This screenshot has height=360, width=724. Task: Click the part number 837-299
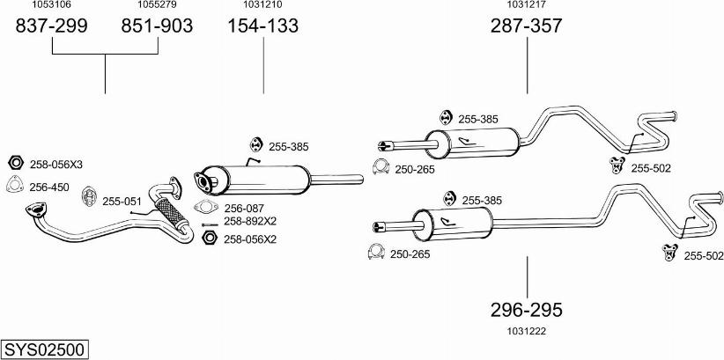pyautogui.click(x=52, y=26)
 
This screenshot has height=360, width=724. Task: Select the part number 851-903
pyautogui.click(x=157, y=26)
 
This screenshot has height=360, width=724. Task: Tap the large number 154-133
pyautogui.click(x=263, y=26)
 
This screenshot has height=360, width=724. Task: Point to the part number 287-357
pyautogui.click(x=526, y=26)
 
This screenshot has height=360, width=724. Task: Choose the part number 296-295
pyautogui.click(x=527, y=310)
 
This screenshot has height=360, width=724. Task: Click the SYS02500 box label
pyautogui.click(x=44, y=349)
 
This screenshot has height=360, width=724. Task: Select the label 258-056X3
pyautogui.click(x=55, y=165)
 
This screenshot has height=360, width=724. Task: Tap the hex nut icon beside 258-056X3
pyautogui.click(x=15, y=164)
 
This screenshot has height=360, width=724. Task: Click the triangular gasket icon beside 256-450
pyautogui.click(x=14, y=185)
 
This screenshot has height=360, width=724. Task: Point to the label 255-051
pyautogui.click(x=122, y=202)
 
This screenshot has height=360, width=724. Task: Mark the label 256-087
pyautogui.click(x=242, y=209)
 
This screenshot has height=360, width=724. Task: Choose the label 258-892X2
pyautogui.click(x=249, y=221)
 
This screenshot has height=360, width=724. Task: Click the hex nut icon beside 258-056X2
pyautogui.click(x=209, y=238)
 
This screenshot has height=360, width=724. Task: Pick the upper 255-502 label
pyautogui.click(x=652, y=167)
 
